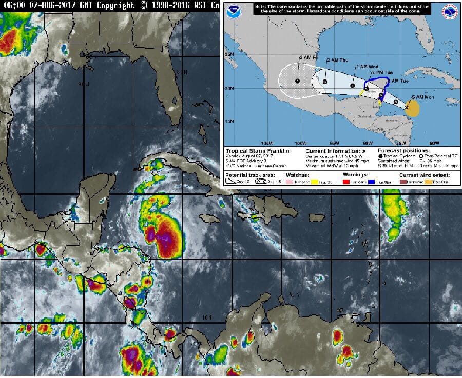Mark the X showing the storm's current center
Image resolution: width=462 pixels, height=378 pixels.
coord(407,107)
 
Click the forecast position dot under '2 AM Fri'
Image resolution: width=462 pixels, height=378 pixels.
coord(298,81)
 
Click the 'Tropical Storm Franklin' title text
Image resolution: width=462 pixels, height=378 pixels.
coord(257,151)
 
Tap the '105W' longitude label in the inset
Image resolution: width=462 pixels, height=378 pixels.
coord(266,143)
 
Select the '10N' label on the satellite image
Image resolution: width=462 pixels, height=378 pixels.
coord(207,318)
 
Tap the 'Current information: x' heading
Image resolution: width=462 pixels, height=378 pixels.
coord(336,151)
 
